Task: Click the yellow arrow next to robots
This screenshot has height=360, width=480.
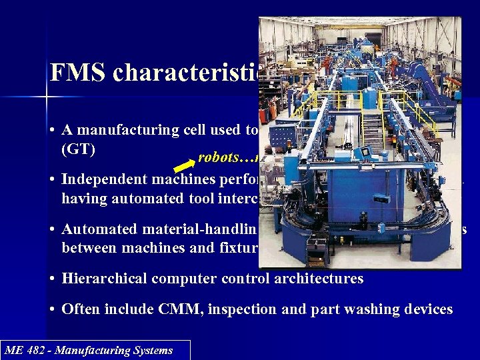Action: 183,162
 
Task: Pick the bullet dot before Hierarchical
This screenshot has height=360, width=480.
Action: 52,279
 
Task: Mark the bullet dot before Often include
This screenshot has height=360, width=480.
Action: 52,309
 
